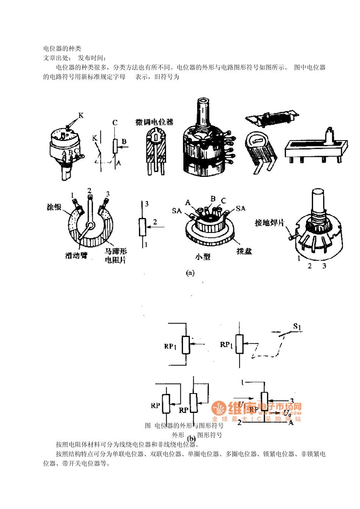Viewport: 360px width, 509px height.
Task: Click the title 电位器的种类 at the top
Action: point(62,48)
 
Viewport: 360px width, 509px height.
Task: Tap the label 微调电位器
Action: point(154,122)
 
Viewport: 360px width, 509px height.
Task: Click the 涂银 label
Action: point(54,207)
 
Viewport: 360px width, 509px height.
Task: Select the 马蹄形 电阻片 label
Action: point(116,256)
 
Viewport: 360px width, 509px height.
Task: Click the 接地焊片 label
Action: point(269,223)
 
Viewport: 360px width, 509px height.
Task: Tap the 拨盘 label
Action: point(244,251)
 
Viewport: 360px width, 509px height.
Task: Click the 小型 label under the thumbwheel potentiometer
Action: point(203,257)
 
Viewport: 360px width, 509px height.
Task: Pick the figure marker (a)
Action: point(190,273)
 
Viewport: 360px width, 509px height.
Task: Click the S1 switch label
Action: point(297,326)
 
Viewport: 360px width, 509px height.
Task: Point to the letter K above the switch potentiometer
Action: point(81,115)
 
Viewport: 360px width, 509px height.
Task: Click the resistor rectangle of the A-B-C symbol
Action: point(115,146)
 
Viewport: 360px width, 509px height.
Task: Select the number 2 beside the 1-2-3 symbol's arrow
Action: point(155,222)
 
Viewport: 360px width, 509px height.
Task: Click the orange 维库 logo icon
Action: point(219,408)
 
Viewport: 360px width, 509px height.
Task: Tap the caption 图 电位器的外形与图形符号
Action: point(184,426)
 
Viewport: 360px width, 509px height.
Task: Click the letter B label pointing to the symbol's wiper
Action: point(124,142)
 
